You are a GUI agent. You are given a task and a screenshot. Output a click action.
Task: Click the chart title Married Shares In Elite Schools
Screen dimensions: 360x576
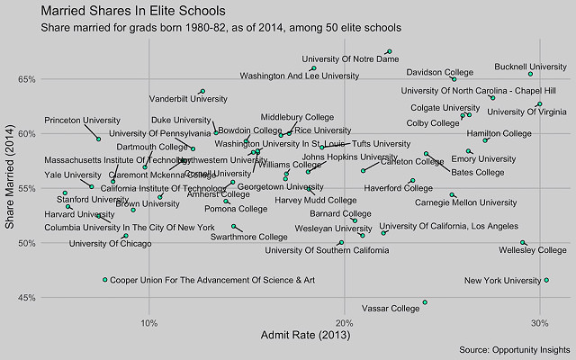[133, 11]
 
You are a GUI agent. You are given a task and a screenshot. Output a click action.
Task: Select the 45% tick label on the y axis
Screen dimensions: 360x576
[24, 298]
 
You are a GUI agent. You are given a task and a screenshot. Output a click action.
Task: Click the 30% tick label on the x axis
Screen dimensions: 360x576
[539, 321]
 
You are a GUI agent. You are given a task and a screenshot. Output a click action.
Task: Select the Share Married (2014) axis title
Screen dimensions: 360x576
[11, 189]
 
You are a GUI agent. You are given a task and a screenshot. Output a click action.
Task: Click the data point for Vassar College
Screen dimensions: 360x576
[425, 302]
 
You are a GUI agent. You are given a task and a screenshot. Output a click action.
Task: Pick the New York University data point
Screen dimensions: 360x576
[546, 280]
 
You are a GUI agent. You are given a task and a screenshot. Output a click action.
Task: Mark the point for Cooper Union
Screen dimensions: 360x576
[105, 280]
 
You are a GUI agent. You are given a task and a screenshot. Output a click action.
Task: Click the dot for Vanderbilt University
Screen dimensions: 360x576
[202, 91]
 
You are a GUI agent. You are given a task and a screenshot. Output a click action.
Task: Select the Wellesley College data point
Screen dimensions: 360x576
[523, 243]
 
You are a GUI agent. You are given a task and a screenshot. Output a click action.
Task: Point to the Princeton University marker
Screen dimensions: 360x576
[99, 139]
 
